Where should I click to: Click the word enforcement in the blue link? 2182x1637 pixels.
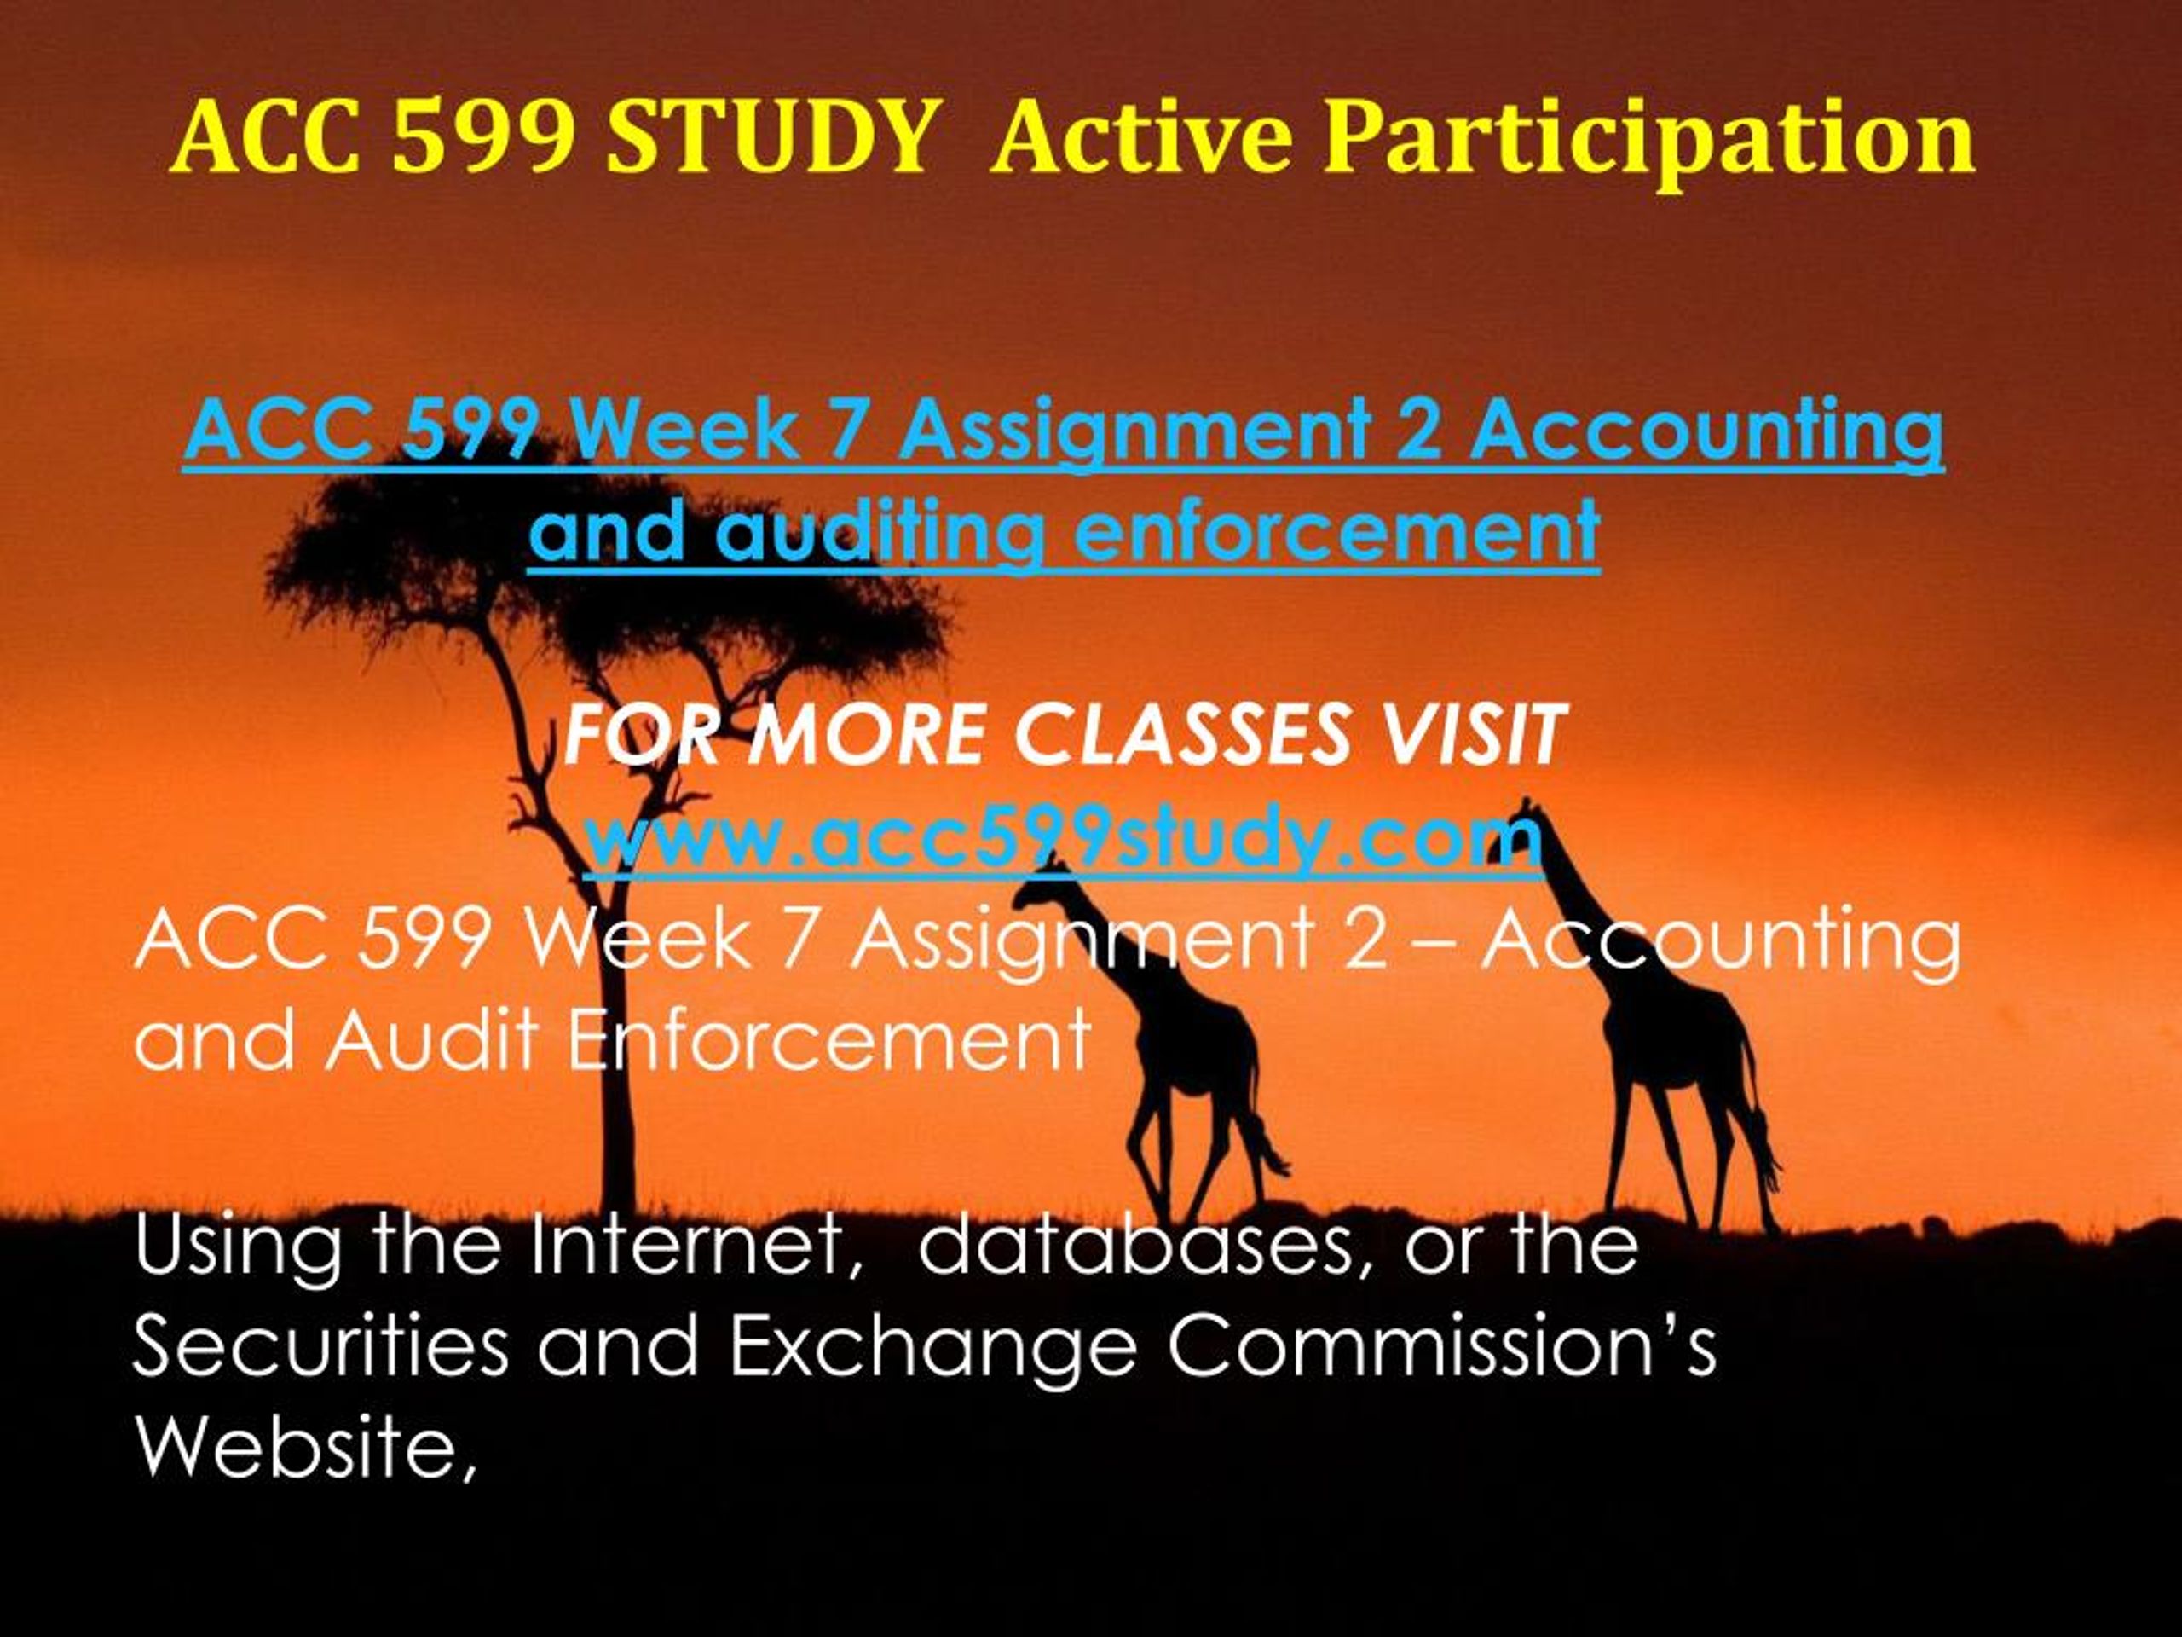point(1336,533)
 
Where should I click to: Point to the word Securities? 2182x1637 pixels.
point(320,1348)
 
